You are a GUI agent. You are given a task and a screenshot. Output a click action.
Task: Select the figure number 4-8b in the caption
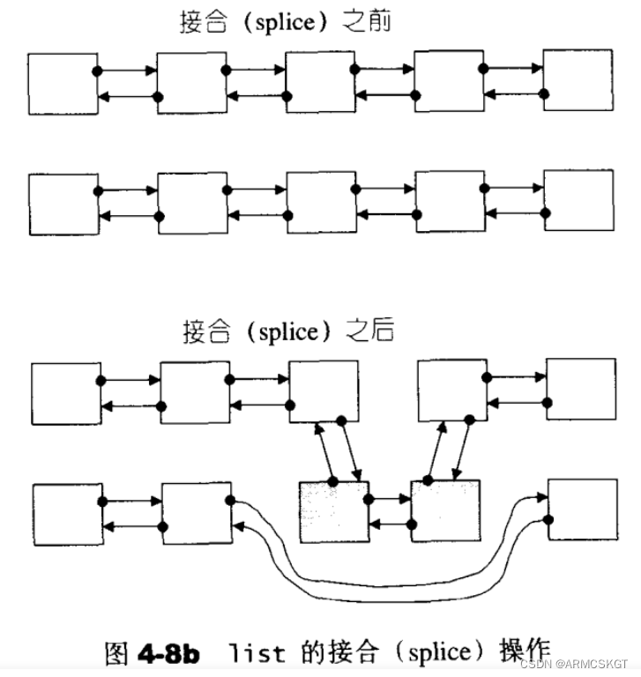pyautogui.click(x=168, y=653)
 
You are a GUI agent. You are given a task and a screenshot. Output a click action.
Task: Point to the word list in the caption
pyautogui.click(x=257, y=654)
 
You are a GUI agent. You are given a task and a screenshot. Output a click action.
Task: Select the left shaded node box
pyautogui.click(x=334, y=512)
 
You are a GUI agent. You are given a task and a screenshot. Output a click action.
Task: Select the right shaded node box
pyautogui.click(x=445, y=511)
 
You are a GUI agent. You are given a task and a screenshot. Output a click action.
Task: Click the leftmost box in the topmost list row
pyautogui.click(x=62, y=83)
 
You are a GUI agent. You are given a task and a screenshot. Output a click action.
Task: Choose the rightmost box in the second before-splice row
pyautogui.click(x=578, y=202)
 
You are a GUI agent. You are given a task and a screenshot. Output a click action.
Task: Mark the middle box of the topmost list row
pyautogui.click(x=320, y=82)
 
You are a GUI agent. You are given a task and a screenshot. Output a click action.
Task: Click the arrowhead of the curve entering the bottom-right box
pyautogui.click(x=539, y=499)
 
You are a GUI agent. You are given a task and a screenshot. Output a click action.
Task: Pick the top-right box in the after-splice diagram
pyautogui.click(x=580, y=389)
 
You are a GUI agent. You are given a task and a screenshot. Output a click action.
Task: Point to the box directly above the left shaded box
pyautogui.click(x=324, y=391)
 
